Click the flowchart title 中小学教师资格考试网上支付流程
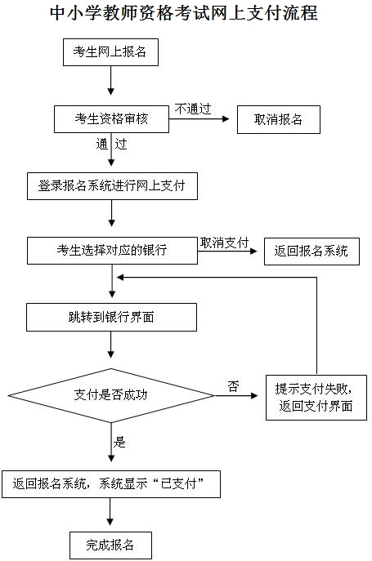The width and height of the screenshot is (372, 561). point(183,14)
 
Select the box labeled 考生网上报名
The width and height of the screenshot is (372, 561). point(110,52)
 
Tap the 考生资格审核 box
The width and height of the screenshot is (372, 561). point(111,119)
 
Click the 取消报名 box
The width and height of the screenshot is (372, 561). point(279,119)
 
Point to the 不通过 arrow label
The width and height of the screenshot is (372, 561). point(193,109)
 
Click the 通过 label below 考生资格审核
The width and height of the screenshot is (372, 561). point(111,144)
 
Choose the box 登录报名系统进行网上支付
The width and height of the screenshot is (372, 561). point(112,186)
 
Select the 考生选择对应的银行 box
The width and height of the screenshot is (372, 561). point(112,251)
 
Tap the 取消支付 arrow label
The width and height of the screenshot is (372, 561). point(224,243)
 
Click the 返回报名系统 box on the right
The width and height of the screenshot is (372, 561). point(311,252)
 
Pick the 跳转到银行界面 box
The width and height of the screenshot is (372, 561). point(111,317)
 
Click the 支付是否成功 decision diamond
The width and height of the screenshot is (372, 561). point(111,395)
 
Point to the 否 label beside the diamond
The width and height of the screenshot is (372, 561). point(233,385)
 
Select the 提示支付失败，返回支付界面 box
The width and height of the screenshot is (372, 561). point(316,398)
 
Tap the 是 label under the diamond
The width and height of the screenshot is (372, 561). point(119,443)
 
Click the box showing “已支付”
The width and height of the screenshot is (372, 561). point(111,484)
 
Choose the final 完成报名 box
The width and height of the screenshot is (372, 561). point(110,545)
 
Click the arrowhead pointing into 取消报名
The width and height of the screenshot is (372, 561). point(226,119)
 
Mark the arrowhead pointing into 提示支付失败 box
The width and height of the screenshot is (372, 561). point(254,396)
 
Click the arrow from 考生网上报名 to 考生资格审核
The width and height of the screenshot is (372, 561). point(110,81)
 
